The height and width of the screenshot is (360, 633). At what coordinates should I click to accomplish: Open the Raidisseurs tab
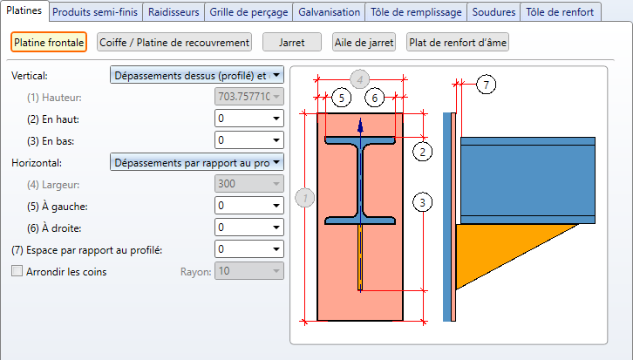click(x=174, y=12)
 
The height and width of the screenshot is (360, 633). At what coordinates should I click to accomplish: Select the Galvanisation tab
click(x=329, y=12)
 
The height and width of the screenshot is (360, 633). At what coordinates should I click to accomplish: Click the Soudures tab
click(x=493, y=12)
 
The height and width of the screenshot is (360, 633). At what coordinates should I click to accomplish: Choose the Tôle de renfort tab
click(x=560, y=12)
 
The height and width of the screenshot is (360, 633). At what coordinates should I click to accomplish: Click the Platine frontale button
click(x=49, y=42)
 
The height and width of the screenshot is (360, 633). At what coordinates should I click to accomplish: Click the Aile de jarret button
click(x=364, y=42)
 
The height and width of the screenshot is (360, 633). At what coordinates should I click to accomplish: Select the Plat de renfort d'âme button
click(x=458, y=42)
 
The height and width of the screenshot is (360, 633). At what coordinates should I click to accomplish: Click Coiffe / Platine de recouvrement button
click(x=174, y=42)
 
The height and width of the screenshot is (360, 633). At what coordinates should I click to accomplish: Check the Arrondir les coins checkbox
click(x=17, y=271)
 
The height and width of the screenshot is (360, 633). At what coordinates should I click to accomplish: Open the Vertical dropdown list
click(x=197, y=75)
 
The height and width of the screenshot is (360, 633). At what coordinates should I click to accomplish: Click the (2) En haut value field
click(x=242, y=118)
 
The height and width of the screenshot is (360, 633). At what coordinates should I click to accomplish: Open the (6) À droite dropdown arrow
click(x=276, y=228)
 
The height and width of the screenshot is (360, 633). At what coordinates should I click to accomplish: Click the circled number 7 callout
click(x=486, y=84)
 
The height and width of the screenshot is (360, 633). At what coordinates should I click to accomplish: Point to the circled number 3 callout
click(x=422, y=203)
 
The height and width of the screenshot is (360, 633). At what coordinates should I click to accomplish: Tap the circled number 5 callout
click(x=341, y=98)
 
